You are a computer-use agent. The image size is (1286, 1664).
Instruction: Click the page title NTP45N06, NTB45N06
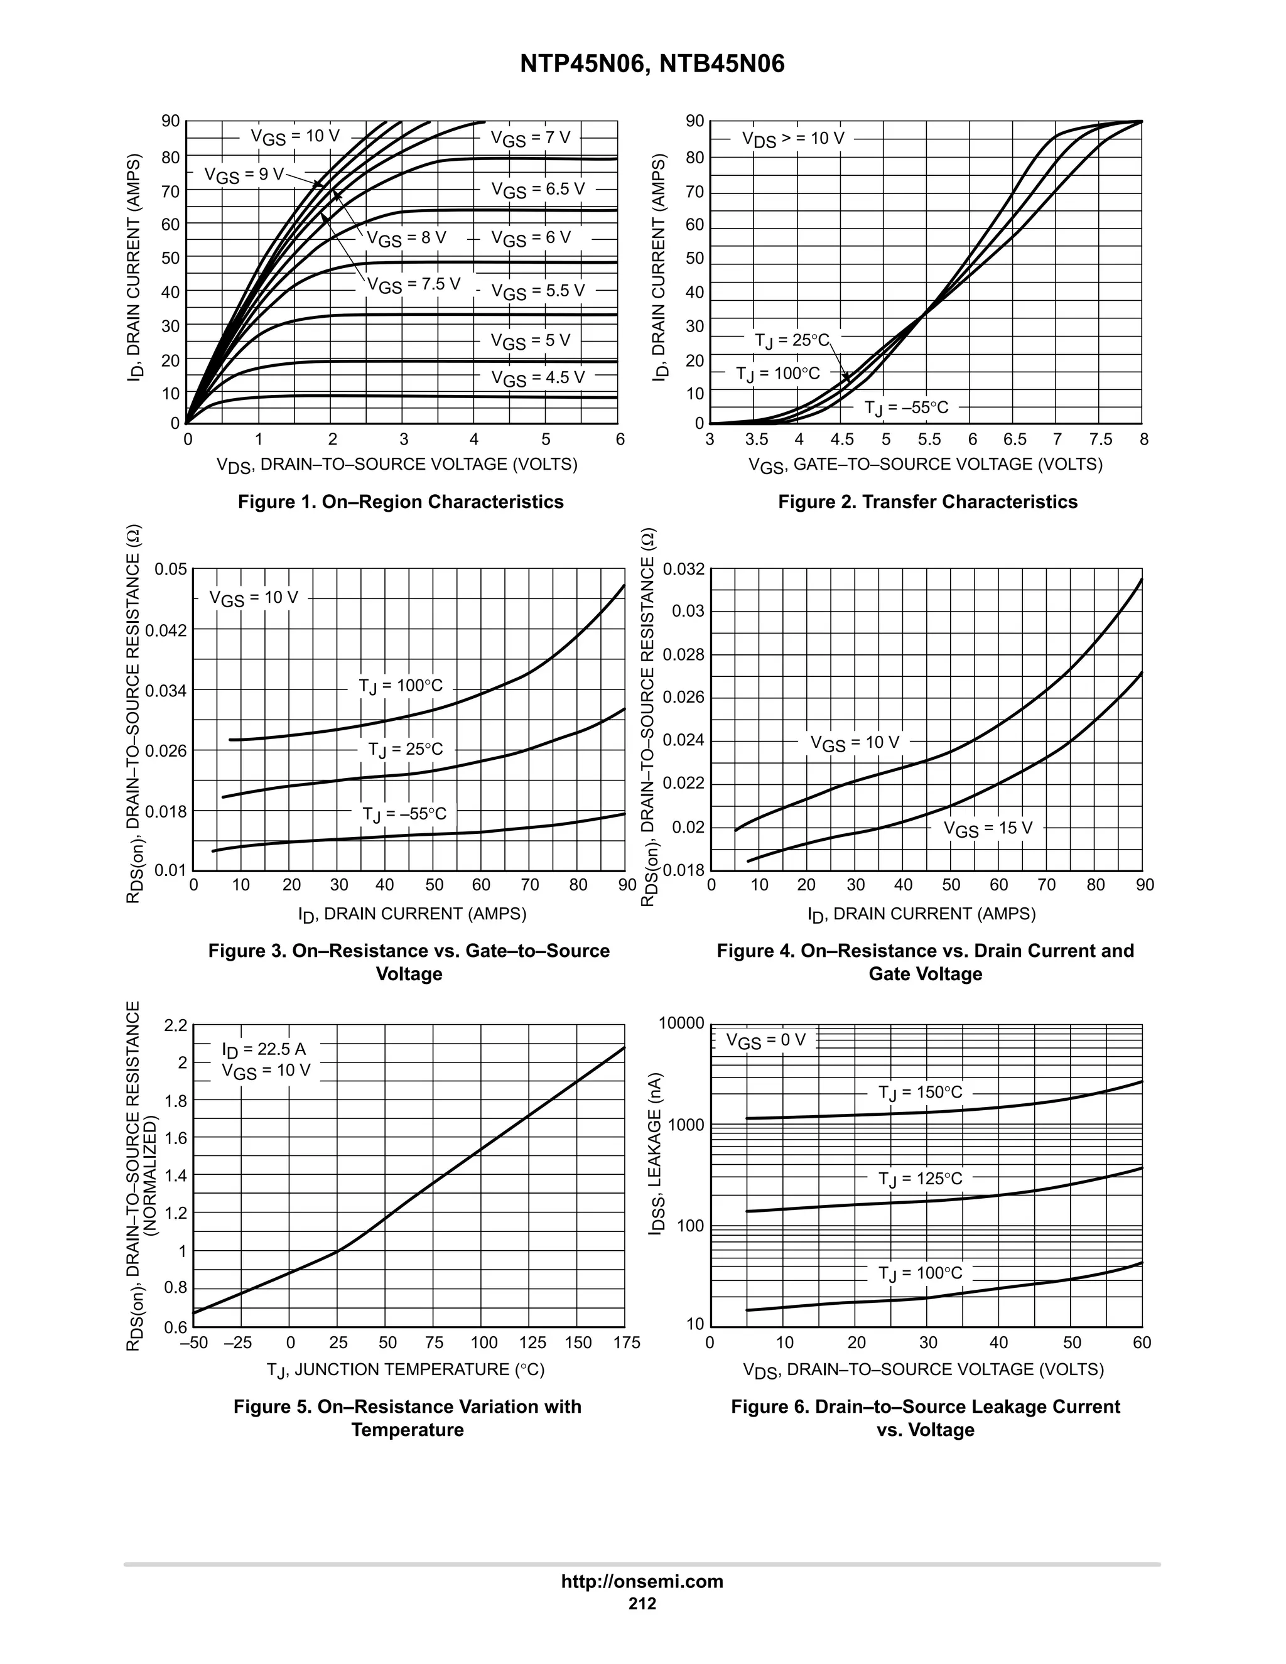click(x=652, y=64)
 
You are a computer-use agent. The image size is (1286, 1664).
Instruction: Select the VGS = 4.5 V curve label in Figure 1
click(x=538, y=378)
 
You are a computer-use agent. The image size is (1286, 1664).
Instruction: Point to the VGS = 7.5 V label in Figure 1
click(x=414, y=285)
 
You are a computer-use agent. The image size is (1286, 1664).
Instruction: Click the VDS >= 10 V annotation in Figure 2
click(x=793, y=139)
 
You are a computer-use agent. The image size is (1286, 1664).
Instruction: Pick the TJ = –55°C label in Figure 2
click(x=906, y=408)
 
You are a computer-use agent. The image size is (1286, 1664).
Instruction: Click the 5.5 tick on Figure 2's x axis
click(x=929, y=440)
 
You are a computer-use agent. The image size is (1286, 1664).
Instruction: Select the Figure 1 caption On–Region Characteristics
click(x=401, y=502)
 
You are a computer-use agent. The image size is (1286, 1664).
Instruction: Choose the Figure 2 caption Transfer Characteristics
click(x=928, y=502)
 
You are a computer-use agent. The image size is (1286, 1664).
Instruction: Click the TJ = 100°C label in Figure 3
click(x=401, y=686)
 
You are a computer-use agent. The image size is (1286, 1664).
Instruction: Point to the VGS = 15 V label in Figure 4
click(x=988, y=829)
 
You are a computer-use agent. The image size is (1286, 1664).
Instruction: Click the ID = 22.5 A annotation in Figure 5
click(x=264, y=1050)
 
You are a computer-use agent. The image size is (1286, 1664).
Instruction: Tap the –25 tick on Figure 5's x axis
click(x=238, y=1343)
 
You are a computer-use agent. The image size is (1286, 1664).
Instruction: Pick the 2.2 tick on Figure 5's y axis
click(x=175, y=1025)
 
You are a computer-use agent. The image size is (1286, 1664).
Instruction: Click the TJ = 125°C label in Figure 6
click(x=921, y=1179)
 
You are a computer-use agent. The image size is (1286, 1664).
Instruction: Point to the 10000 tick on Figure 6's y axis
click(x=681, y=1024)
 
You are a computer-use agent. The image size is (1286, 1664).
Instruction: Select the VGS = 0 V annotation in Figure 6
click(x=765, y=1040)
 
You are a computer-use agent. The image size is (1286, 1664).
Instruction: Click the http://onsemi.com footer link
click(x=642, y=1581)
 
